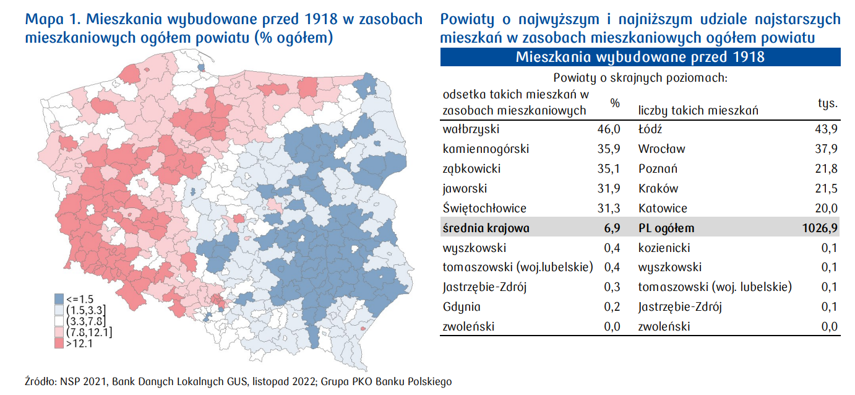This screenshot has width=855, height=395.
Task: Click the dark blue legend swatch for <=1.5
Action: [x=59, y=298]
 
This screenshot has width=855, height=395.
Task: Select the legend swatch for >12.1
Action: [x=59, y=344]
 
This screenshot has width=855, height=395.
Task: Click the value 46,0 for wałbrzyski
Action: [x=608, y=129]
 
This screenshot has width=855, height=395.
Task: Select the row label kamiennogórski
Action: [x=486, y=149]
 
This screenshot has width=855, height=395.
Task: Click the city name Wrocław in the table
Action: [x=661, y=149]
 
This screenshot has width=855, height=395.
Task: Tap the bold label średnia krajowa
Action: [x=486, y=228]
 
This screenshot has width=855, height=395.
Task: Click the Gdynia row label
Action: [x=462, y=307]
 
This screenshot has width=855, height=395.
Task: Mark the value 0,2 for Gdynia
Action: [x=611, y=307]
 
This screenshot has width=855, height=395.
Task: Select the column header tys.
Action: [x=827, y=103]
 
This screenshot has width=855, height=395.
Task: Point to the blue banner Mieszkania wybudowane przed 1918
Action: [x=640, y=58]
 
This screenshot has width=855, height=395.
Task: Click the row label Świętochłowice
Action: [x=484, y=208]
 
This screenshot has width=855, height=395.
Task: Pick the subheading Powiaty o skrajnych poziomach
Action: [x=640, y=79]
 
